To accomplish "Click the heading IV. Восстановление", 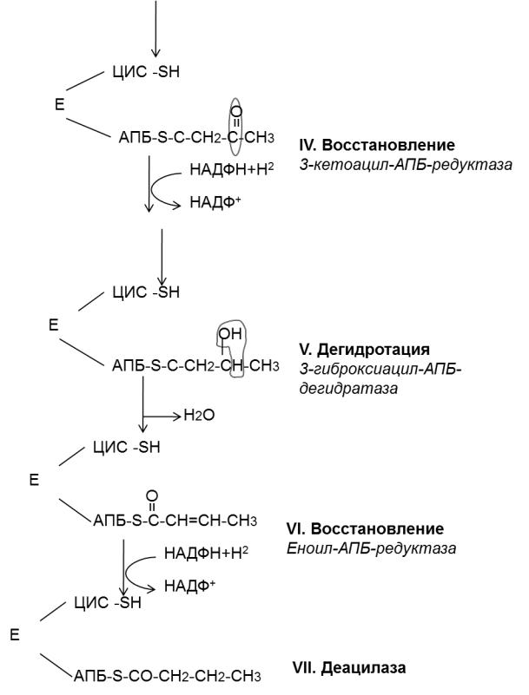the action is pos(377,145).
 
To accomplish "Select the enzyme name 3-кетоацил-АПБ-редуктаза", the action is pos(406,165).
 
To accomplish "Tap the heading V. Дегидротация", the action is pos(364,350).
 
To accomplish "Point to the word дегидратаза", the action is pos(348,389).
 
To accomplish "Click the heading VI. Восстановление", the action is pos(365,528).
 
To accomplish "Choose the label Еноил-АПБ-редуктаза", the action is pos(371,548).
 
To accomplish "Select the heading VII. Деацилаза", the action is pos(349,667).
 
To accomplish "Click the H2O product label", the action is pos(199,416).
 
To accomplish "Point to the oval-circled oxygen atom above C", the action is pos(237,111).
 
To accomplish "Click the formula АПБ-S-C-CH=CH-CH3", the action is pos(175,521).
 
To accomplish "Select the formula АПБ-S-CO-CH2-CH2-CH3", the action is pos(168,677).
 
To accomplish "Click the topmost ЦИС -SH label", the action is pos(146,72).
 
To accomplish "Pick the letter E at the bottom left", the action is pos(15,635).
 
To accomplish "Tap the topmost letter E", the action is pos(59,105).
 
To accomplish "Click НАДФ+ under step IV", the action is pos(215,202).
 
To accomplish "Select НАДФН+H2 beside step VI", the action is pos(207,553).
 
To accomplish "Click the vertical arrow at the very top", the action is pos(155,29).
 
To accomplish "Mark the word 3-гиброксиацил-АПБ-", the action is pos(380,370).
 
